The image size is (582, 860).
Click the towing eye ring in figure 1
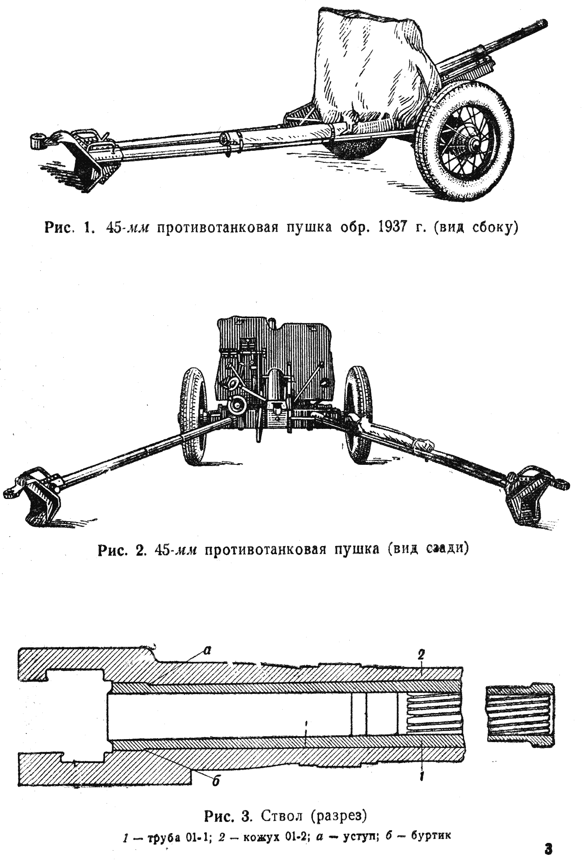click(x=38, y=140)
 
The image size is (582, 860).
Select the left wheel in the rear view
click(x=193, y=414)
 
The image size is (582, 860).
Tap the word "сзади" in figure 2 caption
click(x=448, y=549)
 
